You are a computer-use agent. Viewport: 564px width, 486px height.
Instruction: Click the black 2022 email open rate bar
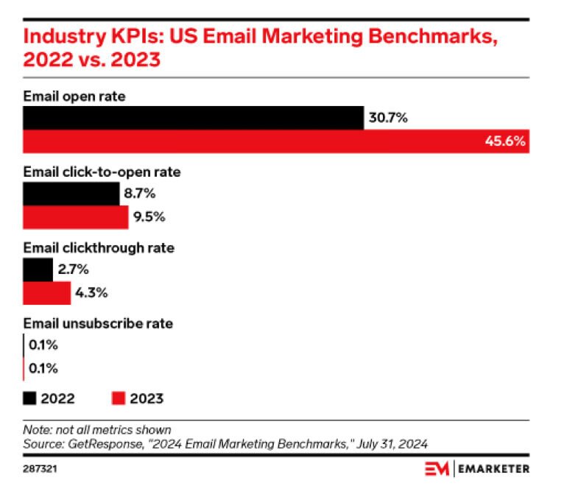pyautogui.click(x=193, y=118)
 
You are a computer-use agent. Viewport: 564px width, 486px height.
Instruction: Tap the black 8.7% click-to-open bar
pyautogui.click(x=71, y=194)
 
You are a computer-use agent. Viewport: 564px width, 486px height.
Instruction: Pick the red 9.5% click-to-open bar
pyautogui.click(x=75, y=217)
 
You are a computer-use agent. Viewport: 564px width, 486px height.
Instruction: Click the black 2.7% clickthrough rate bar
pyautogui.click(x=38, y=270)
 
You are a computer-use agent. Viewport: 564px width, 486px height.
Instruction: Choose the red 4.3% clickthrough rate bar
pyautogui.click(x=46, y=293)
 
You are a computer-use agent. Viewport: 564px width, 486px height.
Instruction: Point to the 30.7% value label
pyautogui.click(x=388, y=118)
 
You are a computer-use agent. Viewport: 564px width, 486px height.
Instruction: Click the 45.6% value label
pyautogui.click(x=505, y=142)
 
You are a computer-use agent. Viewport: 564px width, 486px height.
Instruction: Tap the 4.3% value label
pyautogui.click(x=91, y=293)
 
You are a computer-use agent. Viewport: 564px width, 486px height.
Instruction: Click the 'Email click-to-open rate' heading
pyautogui.click(x=102, y=172)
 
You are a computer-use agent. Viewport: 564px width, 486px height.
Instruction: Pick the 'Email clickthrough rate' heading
pyautogui.click(x=99, y=248)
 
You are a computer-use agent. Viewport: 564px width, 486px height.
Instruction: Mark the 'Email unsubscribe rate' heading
pyautogui.click(x=98, y=323)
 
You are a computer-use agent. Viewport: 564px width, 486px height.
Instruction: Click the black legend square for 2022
pyautogui.click(x=29, y=398)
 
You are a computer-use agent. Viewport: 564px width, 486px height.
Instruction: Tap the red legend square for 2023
pyautogui.click(x=118, y=398)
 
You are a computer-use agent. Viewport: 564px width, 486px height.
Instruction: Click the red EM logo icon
pyautogui.click(x=437, y=468)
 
